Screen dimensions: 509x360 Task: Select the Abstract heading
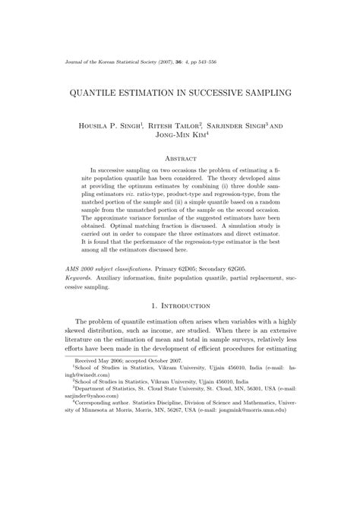tap(180, 158)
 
